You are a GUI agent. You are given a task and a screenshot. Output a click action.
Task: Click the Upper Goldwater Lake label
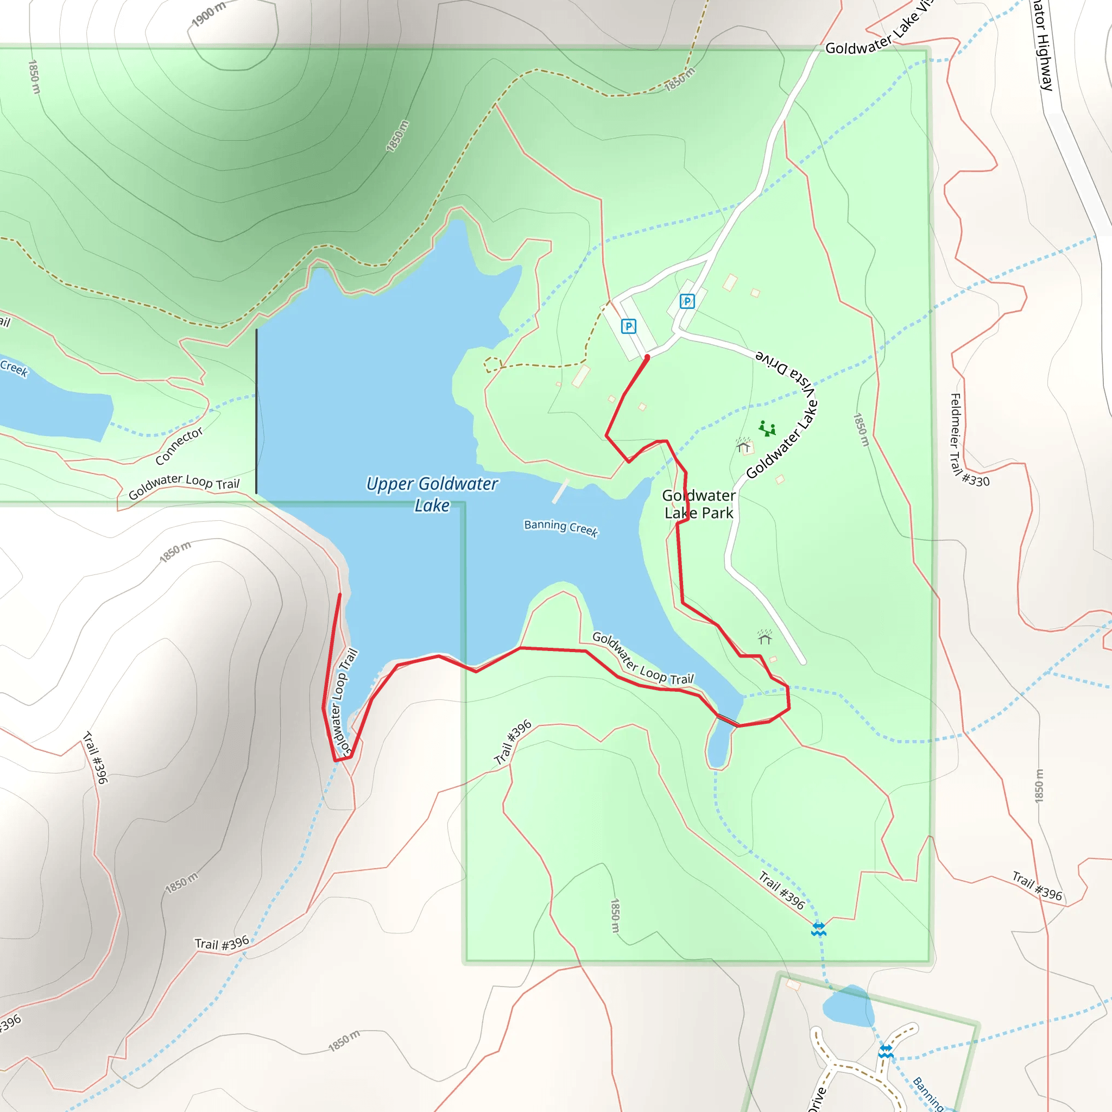coord(432,495)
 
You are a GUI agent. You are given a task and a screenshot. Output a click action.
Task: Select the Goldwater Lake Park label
coord(699,504)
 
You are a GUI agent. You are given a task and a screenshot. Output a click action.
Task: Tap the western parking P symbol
coord(629,326)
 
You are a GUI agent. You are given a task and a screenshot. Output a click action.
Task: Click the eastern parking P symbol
coord(687,301)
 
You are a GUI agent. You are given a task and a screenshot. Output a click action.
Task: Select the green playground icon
coord(767,428)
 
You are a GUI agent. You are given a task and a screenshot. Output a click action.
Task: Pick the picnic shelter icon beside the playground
coord(743,445)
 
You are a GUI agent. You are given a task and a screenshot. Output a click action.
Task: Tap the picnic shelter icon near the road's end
coord(765,637)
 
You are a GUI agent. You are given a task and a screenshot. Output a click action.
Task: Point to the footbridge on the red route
coord(728,719)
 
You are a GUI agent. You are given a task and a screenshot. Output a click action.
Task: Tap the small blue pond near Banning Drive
coord(849,1007)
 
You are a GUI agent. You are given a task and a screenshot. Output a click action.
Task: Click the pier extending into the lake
coord(560,491)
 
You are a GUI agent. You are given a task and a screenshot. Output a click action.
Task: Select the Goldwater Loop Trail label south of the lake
coord(643,659)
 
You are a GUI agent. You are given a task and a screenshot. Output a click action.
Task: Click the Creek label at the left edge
coord(13,368)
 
